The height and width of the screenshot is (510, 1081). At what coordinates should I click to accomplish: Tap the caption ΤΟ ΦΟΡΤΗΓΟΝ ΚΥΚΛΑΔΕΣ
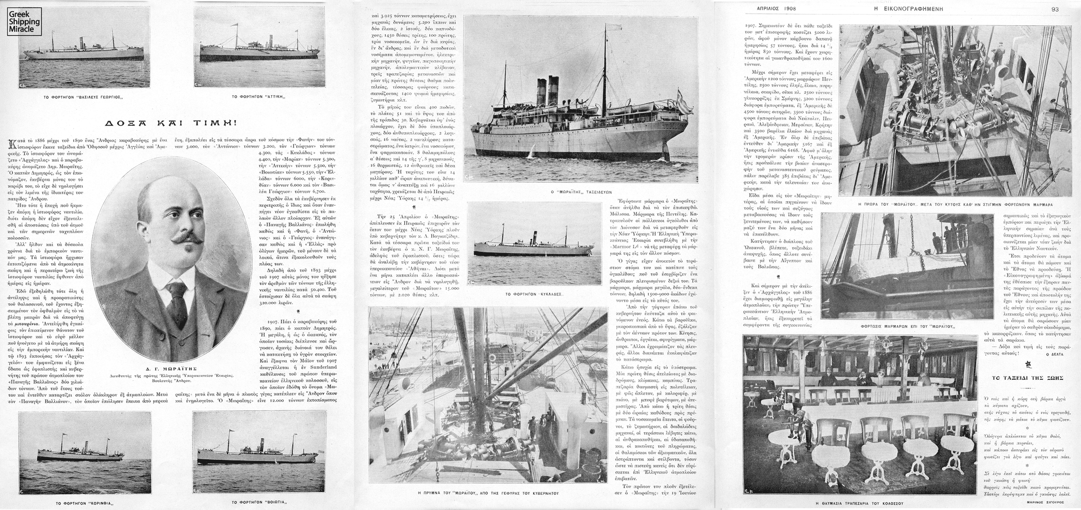pyautogui.click(x=535, y=294)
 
